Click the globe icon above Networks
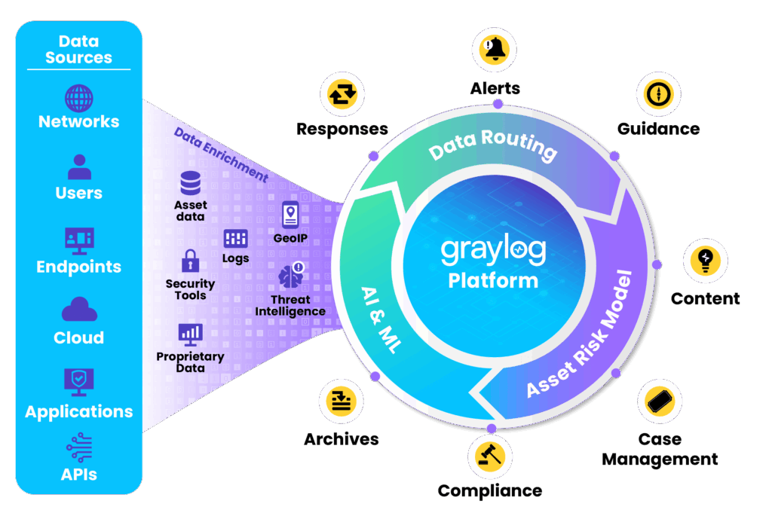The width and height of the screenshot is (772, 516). point(78,98)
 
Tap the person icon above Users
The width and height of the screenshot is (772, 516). point(78,167)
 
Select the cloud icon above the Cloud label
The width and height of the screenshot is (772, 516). point(78,310)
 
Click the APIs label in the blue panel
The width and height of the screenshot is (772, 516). point(78,475)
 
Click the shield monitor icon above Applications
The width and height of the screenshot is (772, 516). point(78,382)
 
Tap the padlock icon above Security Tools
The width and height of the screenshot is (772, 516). point(189,261)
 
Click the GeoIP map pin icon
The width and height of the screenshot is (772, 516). point(289,215)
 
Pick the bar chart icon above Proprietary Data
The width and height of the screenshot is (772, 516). point(190,333)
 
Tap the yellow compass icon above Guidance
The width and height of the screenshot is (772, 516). point(657,94)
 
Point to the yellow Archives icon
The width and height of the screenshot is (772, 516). point(341,399)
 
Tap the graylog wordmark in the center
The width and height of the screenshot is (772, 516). point(493,249)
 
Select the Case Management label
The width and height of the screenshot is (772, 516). point(660,449)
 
